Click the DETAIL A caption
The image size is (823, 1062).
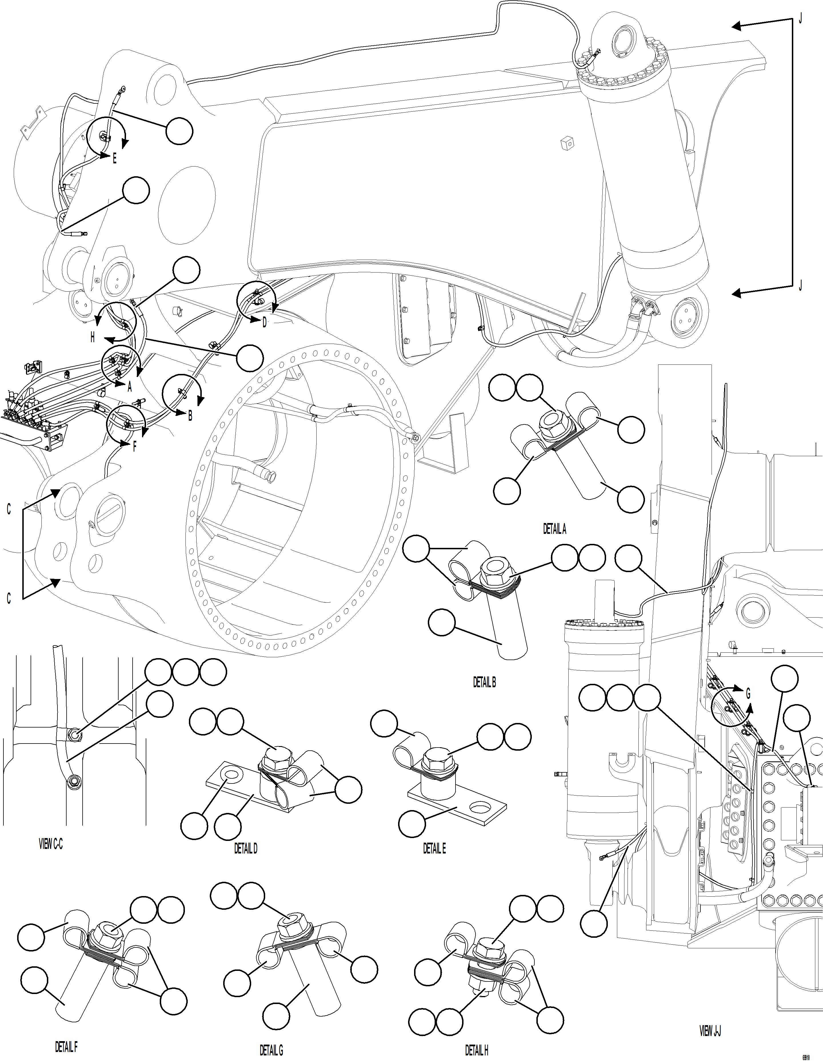point(554,529)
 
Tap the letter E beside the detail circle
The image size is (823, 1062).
point(115,159)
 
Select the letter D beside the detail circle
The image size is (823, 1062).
point(265,322)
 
